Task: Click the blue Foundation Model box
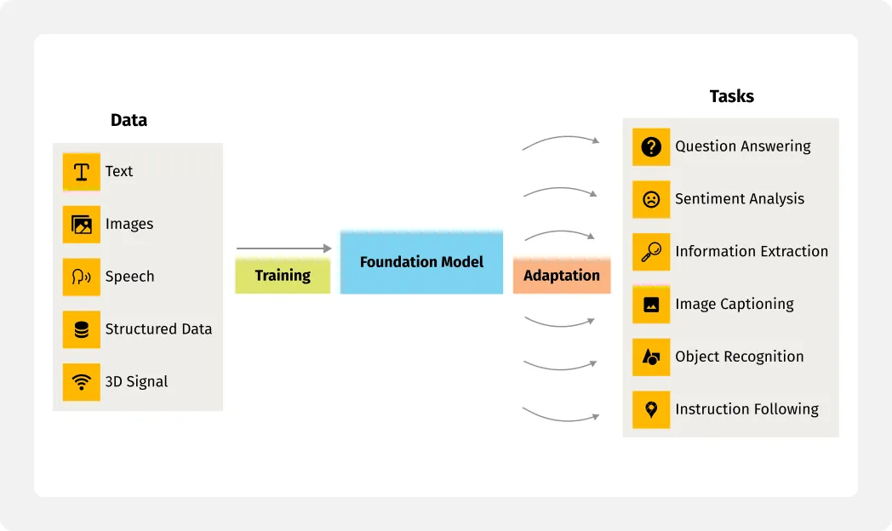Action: point(421,262)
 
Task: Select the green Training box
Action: point(283,275)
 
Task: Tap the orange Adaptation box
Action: point(562,275)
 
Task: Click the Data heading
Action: point(129,120)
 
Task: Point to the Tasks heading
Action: point(732,96)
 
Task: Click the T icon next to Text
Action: point(82,172)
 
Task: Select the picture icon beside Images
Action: point(82,225)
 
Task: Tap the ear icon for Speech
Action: point(82,277)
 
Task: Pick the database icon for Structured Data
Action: point(82,329)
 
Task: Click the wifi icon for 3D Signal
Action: point(82,382)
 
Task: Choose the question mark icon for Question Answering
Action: point(651,146)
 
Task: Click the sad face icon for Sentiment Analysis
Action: point(651,200)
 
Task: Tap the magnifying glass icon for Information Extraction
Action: point(651,252)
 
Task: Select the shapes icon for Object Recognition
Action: point(651,357)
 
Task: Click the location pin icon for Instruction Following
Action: point(651,409)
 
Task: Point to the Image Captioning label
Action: point(735,304)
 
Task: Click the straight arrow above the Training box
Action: point(284,248)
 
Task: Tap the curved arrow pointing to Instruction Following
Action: point(561,418)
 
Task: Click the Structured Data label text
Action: point(158,329)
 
